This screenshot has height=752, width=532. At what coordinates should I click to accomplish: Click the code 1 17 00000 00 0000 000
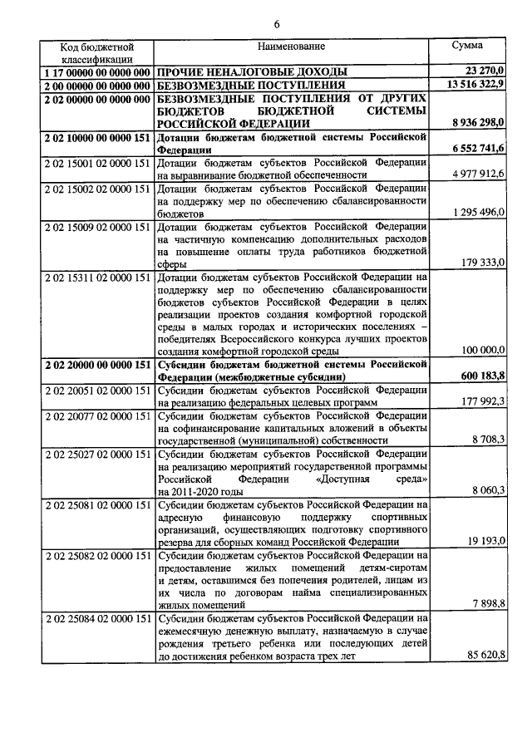[96, 72]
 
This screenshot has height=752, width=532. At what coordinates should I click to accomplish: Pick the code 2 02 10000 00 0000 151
[96, 135]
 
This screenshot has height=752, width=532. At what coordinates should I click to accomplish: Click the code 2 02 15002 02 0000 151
[96, 188]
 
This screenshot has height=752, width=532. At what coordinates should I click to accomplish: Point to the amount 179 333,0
[482, 263]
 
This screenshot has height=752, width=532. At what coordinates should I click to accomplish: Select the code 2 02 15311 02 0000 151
[96, 275]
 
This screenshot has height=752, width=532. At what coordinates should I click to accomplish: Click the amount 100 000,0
[482, 350]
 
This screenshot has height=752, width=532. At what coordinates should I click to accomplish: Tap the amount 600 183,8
[482, 376]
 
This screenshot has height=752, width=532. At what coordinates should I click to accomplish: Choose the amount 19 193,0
[485, 541]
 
